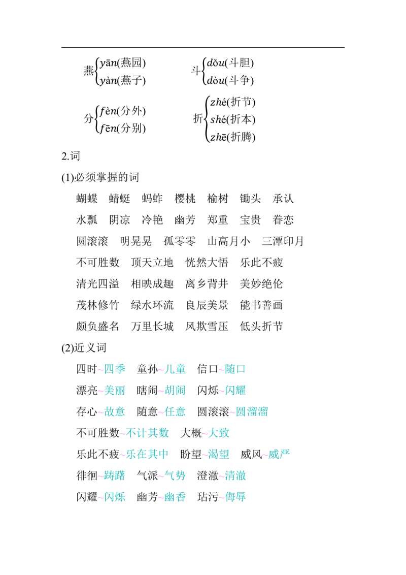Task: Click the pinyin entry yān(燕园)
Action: pos(123,62)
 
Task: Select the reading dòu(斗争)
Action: pos(230,80)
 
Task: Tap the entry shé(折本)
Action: pos(232,119)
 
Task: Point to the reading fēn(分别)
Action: pos(123,128)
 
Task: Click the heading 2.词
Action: pos(71,156)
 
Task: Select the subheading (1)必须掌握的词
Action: pos(100,177)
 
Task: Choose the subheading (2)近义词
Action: pos(84,347)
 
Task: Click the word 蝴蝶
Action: pos(87,199)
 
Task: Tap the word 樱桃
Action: pos(185,199)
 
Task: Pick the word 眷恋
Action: pos(283,219)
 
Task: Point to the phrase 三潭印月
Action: pos(283,241)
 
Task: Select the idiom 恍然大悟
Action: pos(207,262)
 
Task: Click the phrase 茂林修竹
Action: pos(98,305)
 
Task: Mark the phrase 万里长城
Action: pos(152,326)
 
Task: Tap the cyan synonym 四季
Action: pos(115,369)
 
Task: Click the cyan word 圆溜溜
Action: pos(252,411)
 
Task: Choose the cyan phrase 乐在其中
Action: pos(147,454)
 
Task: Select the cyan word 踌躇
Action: pos(115,475)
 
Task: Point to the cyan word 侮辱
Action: pos(235,497)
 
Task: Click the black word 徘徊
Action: pos(87,475)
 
